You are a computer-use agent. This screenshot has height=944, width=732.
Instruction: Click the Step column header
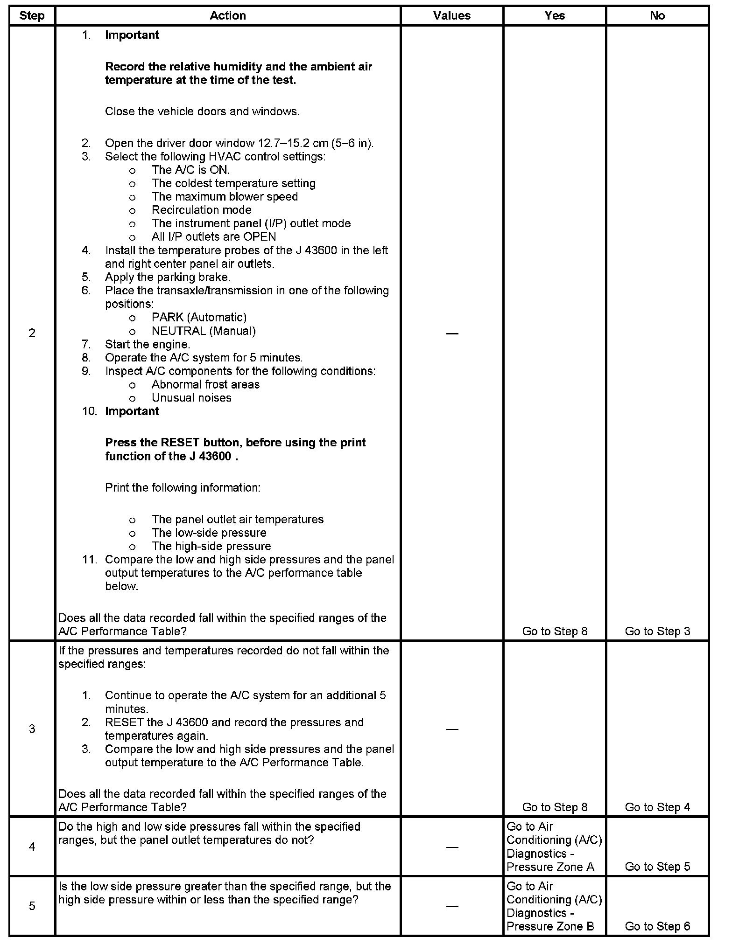(x=32, y=16)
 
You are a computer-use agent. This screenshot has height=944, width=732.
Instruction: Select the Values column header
(x=451, y=16)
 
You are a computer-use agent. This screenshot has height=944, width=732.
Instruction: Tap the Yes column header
(x=555, y=16)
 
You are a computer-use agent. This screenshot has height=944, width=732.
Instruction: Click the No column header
(x=657, y=16)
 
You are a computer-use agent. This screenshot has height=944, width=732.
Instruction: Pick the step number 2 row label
(x=32, y=333)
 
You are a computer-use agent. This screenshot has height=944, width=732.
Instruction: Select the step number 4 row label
(x=32, y=847)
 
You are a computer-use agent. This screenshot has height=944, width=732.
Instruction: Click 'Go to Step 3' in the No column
(x=657, y=631)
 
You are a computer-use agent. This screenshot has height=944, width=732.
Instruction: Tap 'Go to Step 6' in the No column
(x=657, y=926)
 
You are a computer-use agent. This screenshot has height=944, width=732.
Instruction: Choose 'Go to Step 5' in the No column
(x=657, y=867)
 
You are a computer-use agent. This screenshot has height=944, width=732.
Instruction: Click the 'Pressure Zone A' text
(x=550, y=867)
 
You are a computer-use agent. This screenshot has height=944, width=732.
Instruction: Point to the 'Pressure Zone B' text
(x=550, y=926)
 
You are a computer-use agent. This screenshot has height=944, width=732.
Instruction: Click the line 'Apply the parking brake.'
(x=168, y=277)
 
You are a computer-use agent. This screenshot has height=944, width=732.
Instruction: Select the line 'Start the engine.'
(x=148, y=344)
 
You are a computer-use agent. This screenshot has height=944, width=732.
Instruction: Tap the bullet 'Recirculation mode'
(x=202, y=210)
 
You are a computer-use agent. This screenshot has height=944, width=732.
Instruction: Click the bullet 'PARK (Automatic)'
(x=199, y=317)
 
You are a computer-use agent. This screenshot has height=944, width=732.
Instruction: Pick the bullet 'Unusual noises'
(x=191, y=398)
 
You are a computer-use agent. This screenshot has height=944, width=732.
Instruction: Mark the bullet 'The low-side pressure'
(x=209, y=533)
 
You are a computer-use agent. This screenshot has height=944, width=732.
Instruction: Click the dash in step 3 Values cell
(x=451, y=729)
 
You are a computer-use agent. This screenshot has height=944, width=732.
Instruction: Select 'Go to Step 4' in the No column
(x=657, y=807)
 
